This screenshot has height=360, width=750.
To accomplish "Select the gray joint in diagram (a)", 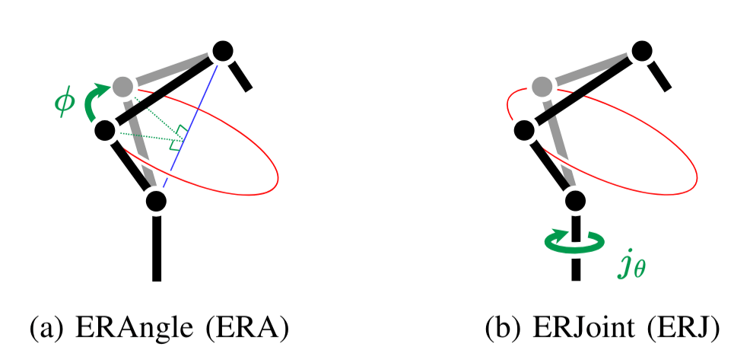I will point(123,85).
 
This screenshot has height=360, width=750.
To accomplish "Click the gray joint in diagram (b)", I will point(542,85).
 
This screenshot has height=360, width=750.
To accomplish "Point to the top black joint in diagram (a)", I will point(222,51).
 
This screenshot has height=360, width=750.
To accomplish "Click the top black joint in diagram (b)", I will point(641,51).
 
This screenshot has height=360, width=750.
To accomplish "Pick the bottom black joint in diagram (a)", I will point(156,201).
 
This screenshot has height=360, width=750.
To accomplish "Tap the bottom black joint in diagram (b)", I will point(575,201).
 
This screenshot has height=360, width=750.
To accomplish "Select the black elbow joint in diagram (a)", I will point(105,131).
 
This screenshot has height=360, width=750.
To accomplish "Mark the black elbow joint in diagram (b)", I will point(524,131).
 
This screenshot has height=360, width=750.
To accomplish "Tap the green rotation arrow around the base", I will point(575,242).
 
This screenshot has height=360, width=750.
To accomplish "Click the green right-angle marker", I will point(180,135).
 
